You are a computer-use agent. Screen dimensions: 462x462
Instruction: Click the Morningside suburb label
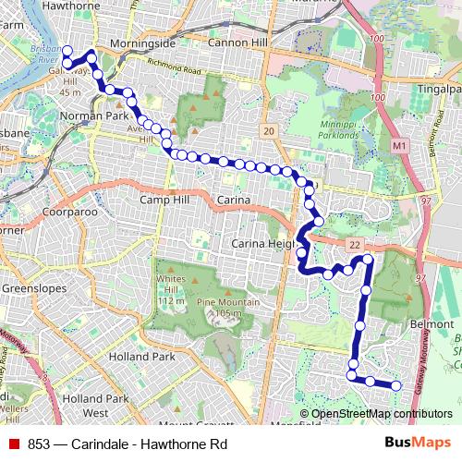click(x=142, y=43)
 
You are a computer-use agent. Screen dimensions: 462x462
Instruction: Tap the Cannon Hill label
click(x=237, y=43)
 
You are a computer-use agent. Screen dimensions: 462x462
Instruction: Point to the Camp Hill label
click(x=163, y=200)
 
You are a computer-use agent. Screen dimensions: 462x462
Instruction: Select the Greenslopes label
click(x=30, y=288)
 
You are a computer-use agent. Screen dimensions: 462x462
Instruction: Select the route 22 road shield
click(x=354, y=242)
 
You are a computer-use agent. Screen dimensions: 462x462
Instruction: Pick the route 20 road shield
click(x=267, y=132)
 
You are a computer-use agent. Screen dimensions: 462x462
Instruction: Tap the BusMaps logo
click(x=417, y=443)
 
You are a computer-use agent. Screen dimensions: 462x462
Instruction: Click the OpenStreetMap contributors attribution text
click(x=381, y=414)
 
